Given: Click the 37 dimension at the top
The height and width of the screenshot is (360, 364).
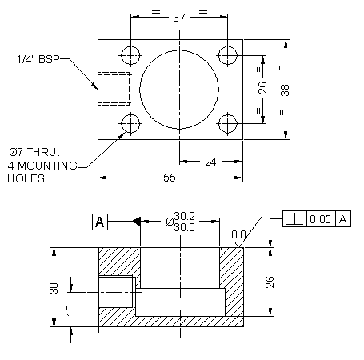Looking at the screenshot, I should coord(178,17).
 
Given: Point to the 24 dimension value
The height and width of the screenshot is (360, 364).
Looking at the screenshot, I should coord(210,162).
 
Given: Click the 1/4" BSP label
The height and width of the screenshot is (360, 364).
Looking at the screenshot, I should coord(37,59).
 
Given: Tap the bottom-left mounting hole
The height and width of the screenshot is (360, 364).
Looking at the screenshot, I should coord(129,124).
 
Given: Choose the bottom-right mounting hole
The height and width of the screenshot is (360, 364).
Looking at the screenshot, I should coord(228,124).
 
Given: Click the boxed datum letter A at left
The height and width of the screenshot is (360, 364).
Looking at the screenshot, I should coord(99,221).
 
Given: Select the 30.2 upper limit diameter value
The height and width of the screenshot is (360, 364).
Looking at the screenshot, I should coord(184,216).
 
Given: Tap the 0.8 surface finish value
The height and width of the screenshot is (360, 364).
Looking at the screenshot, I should coord(238,234).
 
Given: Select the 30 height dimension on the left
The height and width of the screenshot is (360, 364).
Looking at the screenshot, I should coord(54,288).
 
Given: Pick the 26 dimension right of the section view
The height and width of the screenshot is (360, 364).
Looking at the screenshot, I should coord(271,282).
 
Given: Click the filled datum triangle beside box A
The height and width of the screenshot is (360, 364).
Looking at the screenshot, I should coord(137,221).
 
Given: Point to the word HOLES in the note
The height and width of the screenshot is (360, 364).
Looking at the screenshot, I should coord(26,178).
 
